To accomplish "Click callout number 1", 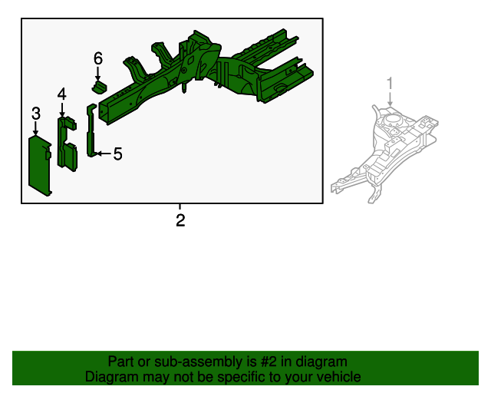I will point(390,83).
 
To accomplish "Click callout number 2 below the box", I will point(180,222).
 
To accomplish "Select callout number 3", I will point(36,114).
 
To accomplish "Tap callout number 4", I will point(61,94).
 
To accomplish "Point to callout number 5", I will point(117,154).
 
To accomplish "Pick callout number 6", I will point(98,58).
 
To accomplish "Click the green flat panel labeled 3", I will point(40,164).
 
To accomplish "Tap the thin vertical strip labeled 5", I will point(91,130).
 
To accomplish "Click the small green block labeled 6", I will point(98,87).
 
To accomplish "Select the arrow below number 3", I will point(36,129).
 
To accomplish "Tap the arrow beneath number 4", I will point(61,110).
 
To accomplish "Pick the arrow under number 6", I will point(98,74).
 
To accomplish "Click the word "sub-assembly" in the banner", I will point(194,362).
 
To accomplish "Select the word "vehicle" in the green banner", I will point(338,377).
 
